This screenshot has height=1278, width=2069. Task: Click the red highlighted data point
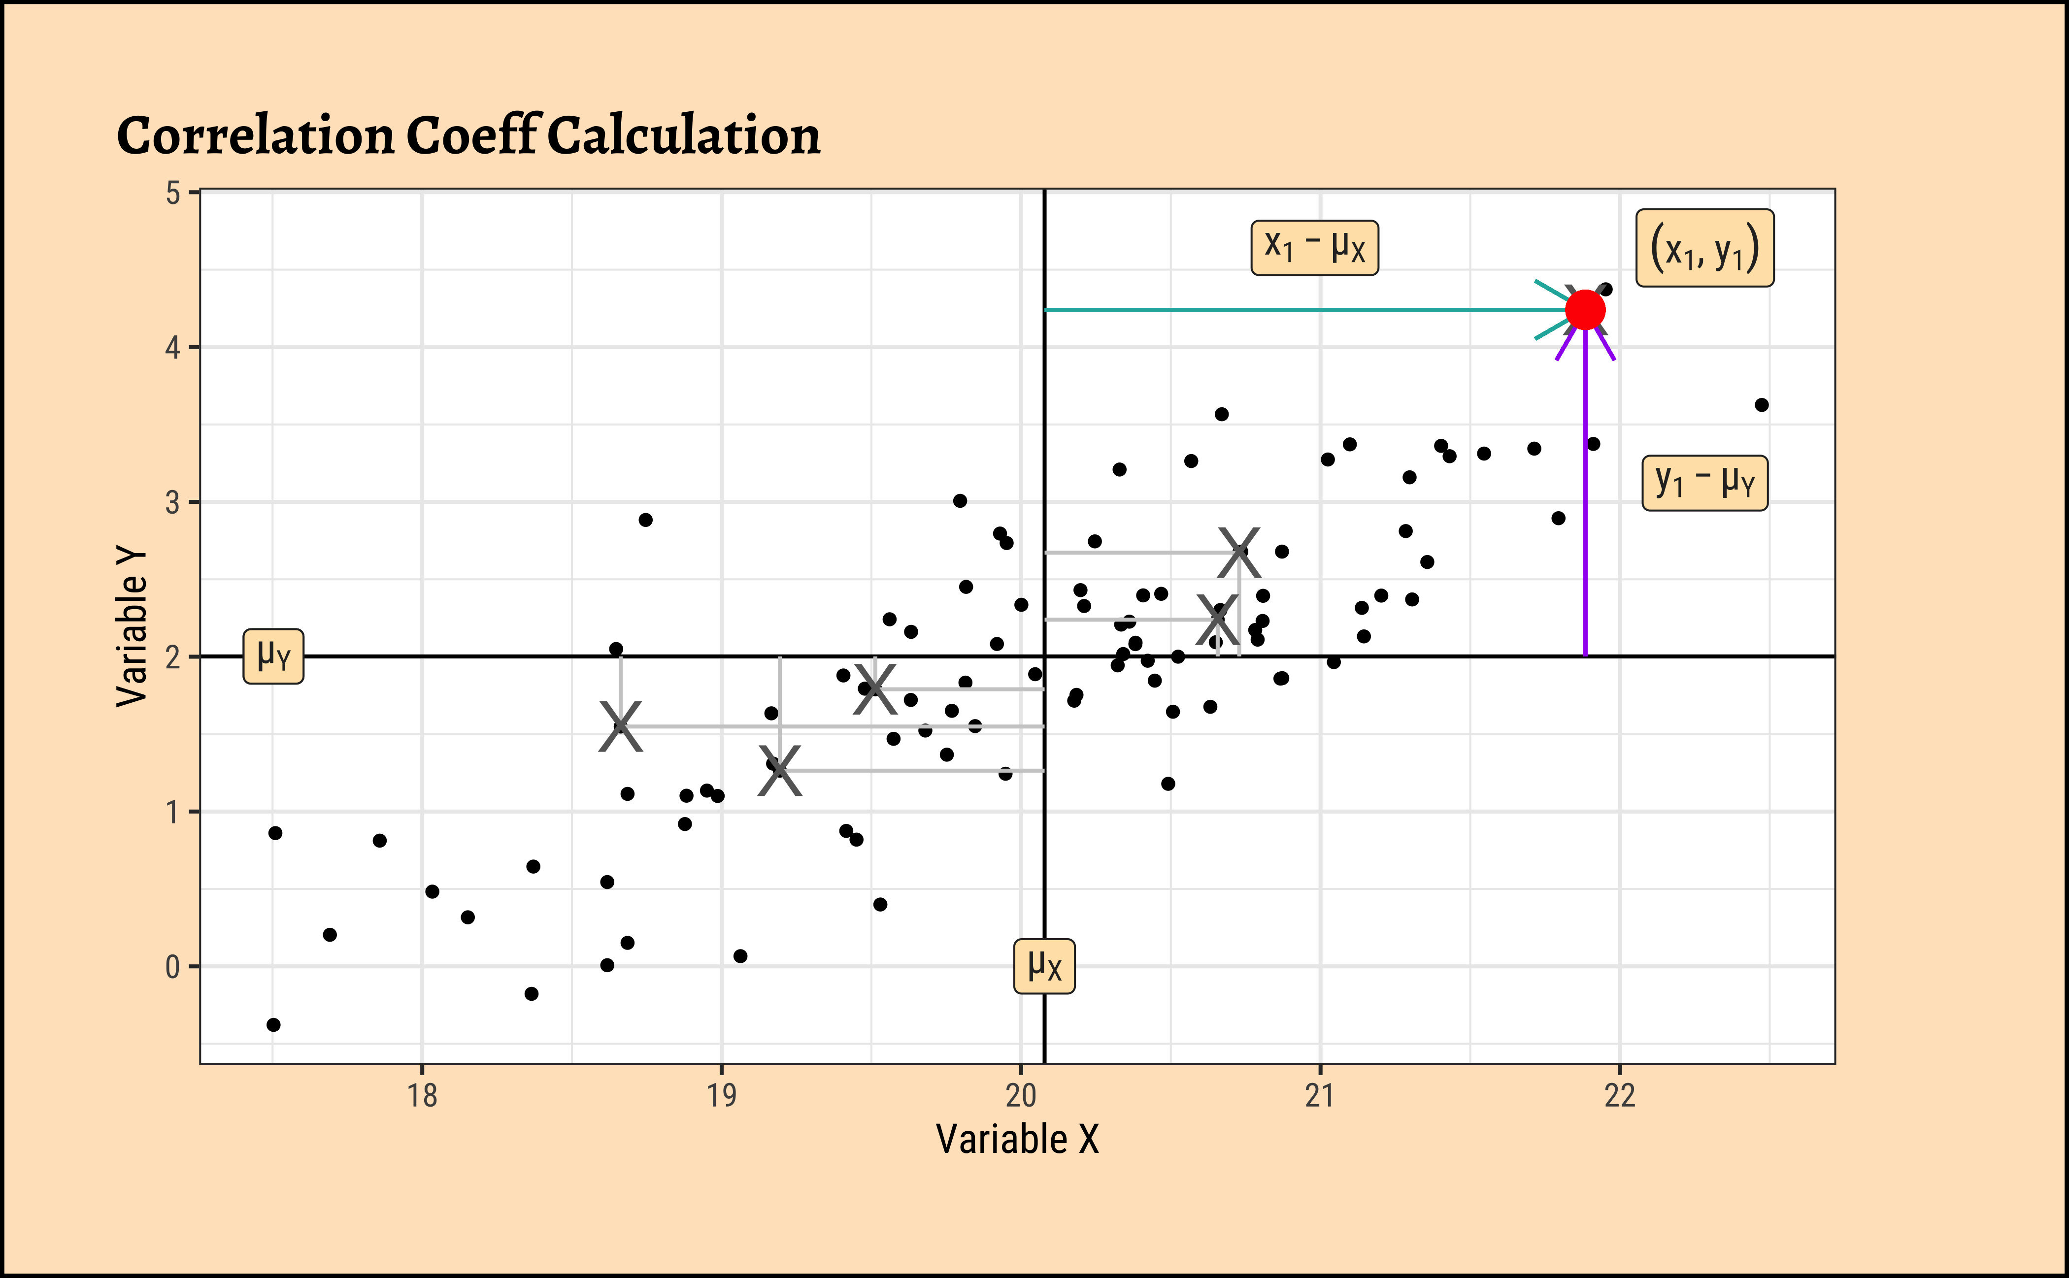pyautogui.click(x=1585, y=310)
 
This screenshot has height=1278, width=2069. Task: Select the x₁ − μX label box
pyautogui.click(x=1314, y=248)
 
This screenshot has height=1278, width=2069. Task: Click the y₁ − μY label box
pyautogui.click(x=1704, y=483)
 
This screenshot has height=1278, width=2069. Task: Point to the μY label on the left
pyautogui.click(x=273, y=656)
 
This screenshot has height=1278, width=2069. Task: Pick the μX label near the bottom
pyautogui.click(x=1044, y=965)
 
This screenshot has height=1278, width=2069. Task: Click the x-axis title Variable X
pyautogui.click(x=1017, y=1140)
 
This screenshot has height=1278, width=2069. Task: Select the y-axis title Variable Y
pyautogui.click(x=132, y=626)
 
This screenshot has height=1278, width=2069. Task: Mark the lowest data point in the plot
pyautogui.click(x=273, y=1024)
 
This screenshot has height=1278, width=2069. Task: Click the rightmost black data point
pyautogui.click(x=1761, y=405)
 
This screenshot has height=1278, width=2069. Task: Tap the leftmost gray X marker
pyautogui.click(x=621, y=726)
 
